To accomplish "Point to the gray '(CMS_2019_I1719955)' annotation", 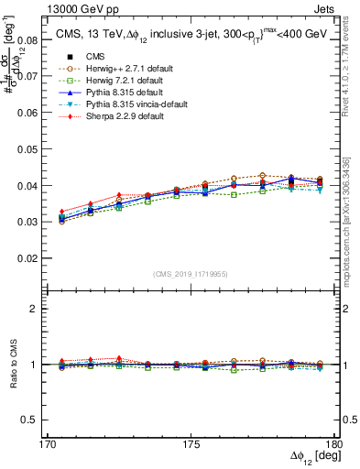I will [x=191, y=274].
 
